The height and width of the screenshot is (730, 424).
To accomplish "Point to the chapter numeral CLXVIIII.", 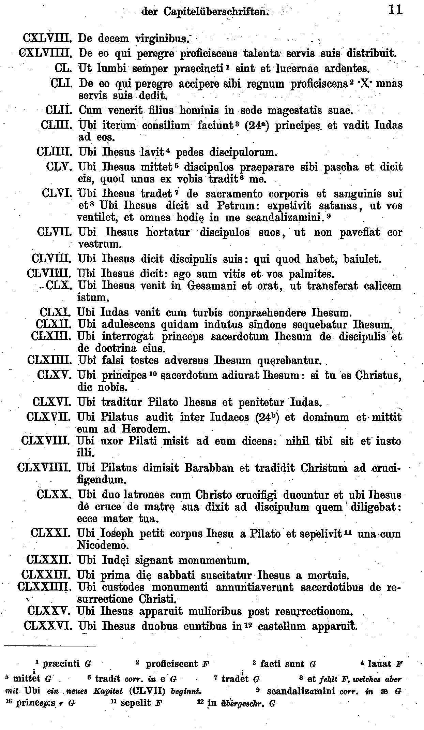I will [44, 467].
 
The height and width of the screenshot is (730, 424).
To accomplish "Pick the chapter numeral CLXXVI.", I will [47, 626].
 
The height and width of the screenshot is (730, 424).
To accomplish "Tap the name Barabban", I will [209, 467].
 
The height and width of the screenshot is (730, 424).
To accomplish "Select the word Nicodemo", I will [103, 545].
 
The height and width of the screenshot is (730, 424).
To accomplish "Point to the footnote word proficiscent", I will [172, 664].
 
